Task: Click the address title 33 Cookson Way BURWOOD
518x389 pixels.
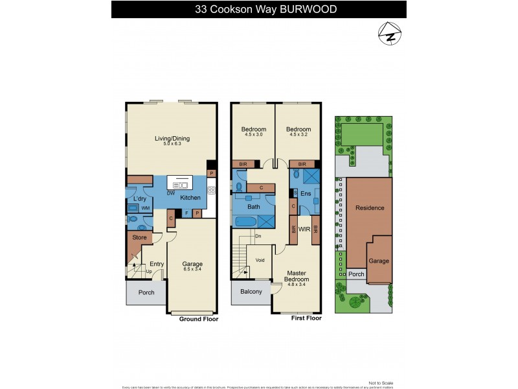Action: pos(259,10)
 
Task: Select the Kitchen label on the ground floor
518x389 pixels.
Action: pos(190,197)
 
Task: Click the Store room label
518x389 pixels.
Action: pos(139,237)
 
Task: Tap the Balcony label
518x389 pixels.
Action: pos(251,292)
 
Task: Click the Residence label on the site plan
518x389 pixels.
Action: pos(370,208)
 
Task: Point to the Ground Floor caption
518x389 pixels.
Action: pos(199,319)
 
